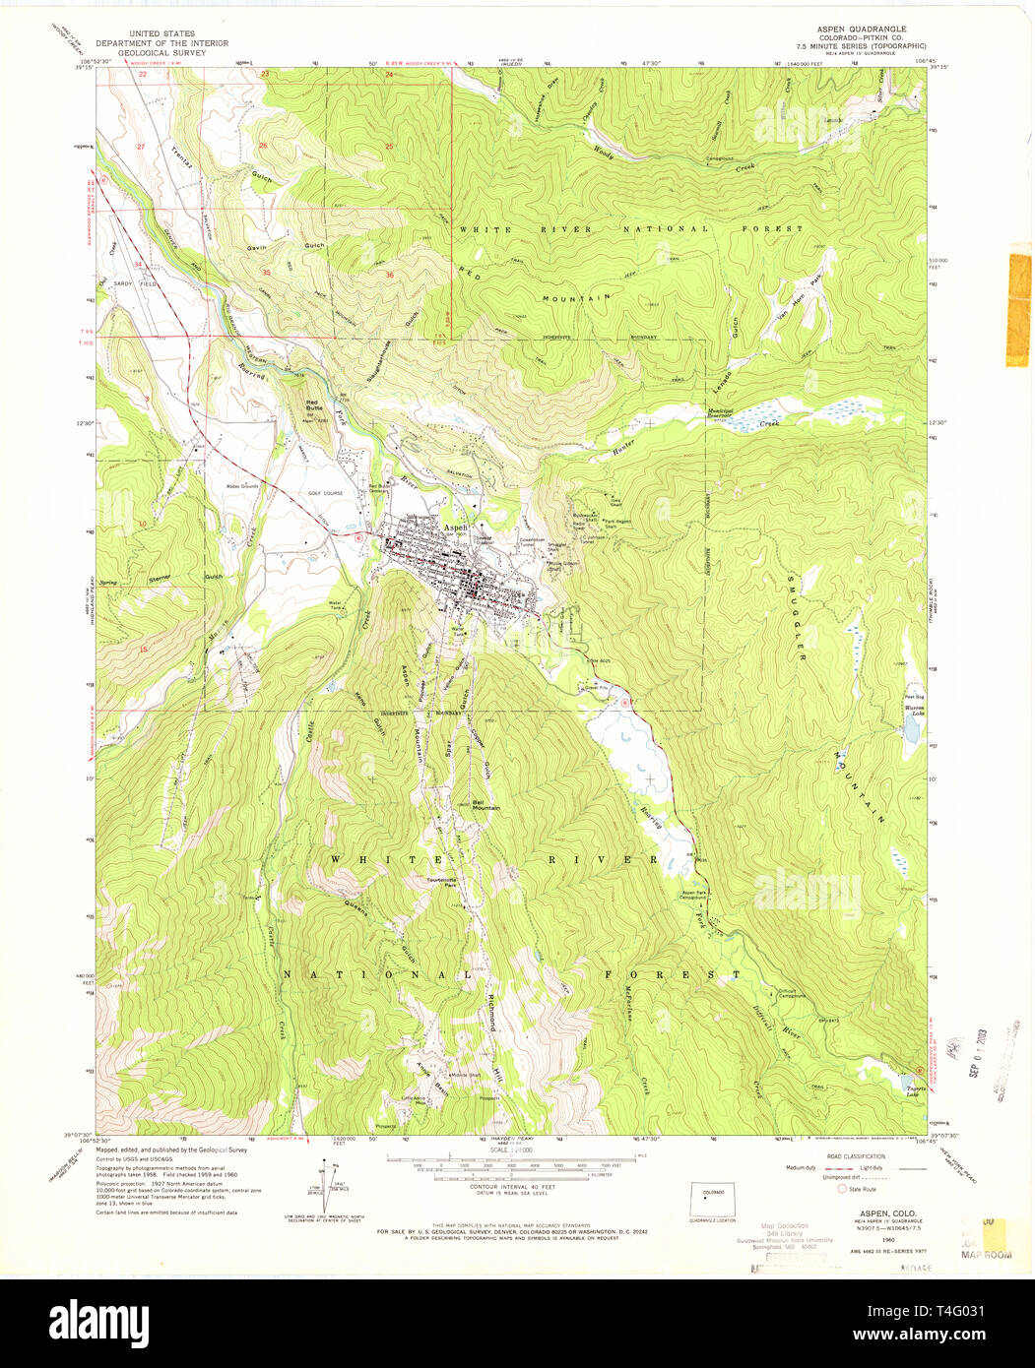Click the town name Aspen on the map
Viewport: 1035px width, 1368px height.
click(456, 528)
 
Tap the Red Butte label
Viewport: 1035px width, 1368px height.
click(314, 403)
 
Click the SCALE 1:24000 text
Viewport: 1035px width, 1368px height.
click(512, 1149)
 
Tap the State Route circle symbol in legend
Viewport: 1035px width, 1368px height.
click(842, 1189)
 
